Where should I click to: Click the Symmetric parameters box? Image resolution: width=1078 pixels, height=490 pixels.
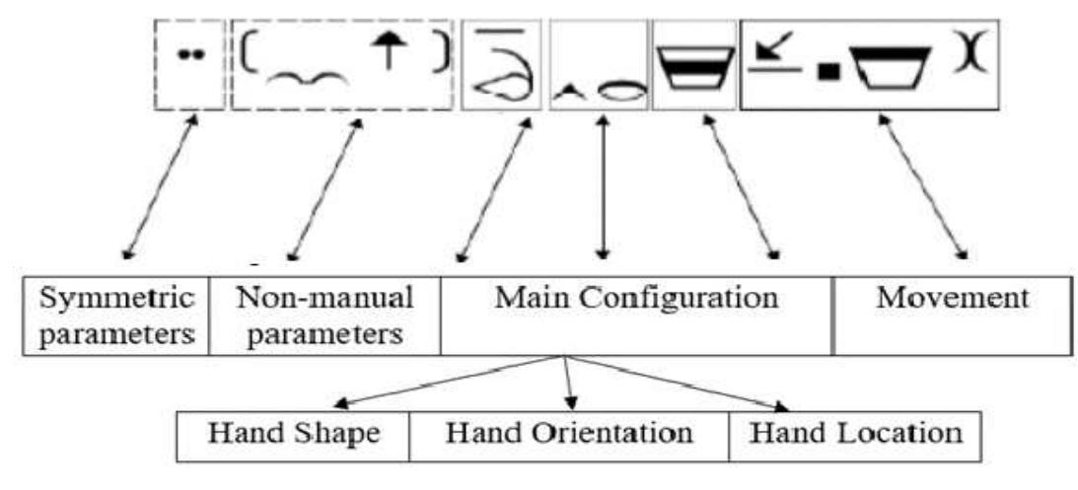point(115,315)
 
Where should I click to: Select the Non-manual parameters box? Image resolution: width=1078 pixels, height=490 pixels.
point(324,315)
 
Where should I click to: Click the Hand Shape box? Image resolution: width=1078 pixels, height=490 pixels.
point(292,434)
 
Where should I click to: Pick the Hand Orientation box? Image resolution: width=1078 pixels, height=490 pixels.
point(568,434)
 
